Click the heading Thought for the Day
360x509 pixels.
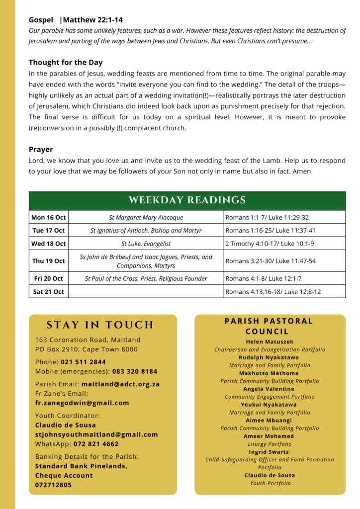click(66, 63)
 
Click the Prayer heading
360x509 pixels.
click(41, 149)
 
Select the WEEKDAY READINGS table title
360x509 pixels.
click(187, 200)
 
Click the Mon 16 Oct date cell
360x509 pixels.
click(48, 217)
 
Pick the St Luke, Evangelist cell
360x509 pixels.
click(146, 244)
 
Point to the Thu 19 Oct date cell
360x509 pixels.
click(48, 261)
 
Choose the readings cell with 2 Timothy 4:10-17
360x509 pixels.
click(270, 244)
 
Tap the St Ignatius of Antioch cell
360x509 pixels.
click(146, 231)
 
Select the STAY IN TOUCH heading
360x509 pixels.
click(100, 325)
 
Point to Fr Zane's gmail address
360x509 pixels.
click(82, 403)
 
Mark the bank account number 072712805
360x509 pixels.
click(53, 485)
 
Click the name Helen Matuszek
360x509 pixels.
click(270, 341)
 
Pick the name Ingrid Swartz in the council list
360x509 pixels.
click(270, 452)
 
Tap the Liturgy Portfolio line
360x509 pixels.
click(270, 444)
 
